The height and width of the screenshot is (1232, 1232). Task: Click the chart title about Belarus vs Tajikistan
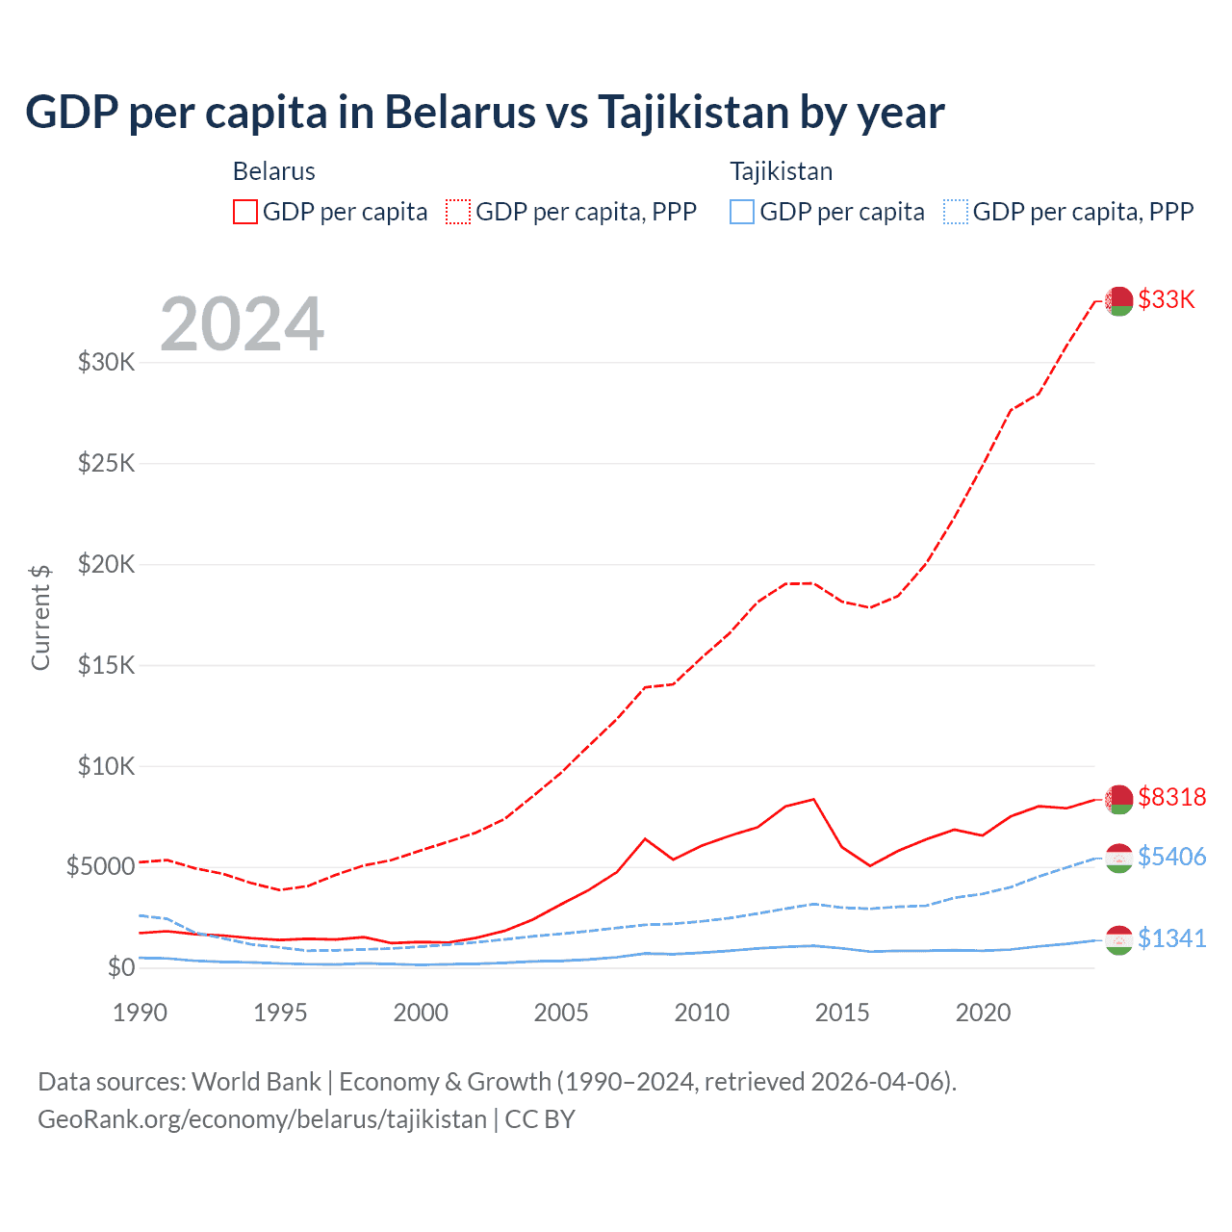pyautogui.click(x=484, y=113)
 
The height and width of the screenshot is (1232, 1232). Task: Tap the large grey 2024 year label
pyautogui.click(x=242, y=324)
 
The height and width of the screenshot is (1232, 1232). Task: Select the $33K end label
pyautogui.click(x=1167, y=299)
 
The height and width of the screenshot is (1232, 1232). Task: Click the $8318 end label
pyautogui.click(x=1171, y=797)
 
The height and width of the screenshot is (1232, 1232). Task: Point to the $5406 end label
pyautogui.click(x=1171, y=857)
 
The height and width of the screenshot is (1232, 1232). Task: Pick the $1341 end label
pyautogui.click(x=1171, y=938)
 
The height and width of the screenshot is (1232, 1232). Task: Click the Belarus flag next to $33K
pyautogui.click(x=1118, y=301)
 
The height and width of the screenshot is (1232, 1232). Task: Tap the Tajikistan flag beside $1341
pyautogui.click(x=1118, y=939)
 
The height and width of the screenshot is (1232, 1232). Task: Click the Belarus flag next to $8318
pyautogui.click(x=1118, y=799)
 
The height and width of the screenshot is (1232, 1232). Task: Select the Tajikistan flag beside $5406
pyautogui.click(x=1118, y=858)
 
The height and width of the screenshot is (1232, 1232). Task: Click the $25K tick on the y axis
pyautogui.click(x=107, y=464)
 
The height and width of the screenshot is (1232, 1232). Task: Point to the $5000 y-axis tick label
pyautogui.click(x=100, y=866)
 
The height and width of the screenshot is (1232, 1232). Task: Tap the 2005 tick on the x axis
pyautogui.click(x=561, y=1013)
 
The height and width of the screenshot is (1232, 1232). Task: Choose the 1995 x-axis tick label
pyautogui.click(x=280, y=1013)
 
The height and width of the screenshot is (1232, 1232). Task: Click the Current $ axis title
pyautogui.click(x=40, y=617)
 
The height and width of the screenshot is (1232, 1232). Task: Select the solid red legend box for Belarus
pyautogui.click(x=245, y=212)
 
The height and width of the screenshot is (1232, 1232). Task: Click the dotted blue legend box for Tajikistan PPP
pyautogui.click(x=956, y=212)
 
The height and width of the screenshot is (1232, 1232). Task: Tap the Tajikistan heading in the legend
pyautogui.click(x=781, y=171)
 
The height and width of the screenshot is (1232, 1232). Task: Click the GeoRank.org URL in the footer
pyautogui.click(x=262, y=1119)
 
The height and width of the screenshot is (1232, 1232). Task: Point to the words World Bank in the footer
pyautogui.click(x=256, y=1082)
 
